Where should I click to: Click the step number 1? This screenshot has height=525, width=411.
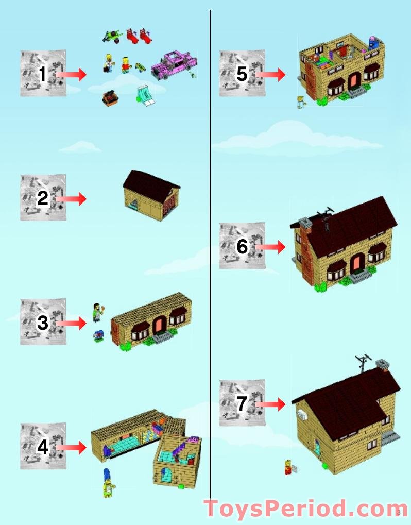42,74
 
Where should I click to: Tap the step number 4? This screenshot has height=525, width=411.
43,447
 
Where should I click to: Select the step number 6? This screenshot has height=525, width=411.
242,246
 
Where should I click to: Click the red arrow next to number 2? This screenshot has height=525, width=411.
71,199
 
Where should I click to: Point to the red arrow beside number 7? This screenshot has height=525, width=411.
270,404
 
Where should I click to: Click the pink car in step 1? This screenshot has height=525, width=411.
174,65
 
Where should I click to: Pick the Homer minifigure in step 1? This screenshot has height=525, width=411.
109,63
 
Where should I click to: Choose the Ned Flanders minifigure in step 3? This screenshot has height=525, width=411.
97,312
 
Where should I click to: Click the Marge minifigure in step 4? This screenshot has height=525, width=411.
108,482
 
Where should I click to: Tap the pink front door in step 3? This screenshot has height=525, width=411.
159,325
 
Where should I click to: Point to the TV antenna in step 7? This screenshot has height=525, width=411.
363,363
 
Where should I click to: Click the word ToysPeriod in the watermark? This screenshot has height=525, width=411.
275,509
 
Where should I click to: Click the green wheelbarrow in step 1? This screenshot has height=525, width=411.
113,36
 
